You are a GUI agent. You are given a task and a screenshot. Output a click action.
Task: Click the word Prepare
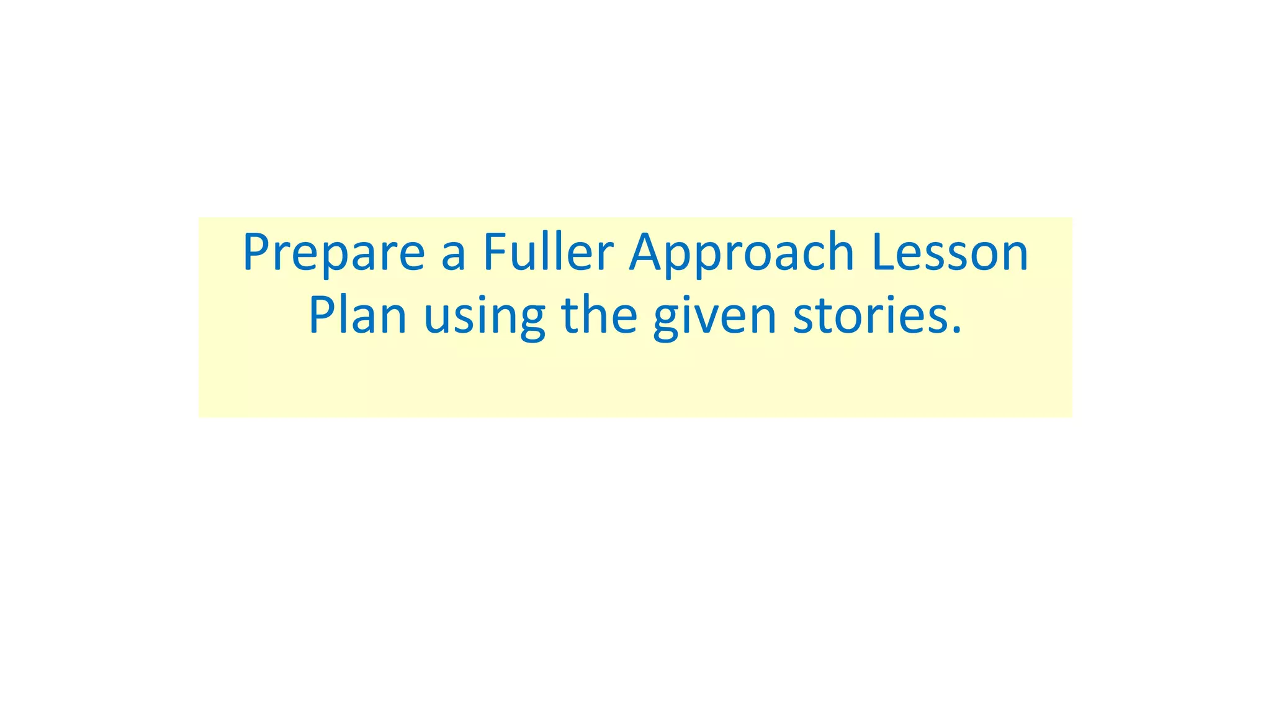point(333,253)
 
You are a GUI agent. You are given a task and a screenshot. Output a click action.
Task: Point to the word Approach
point(742,253)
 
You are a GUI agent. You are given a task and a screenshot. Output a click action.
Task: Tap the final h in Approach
point(840,251)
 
